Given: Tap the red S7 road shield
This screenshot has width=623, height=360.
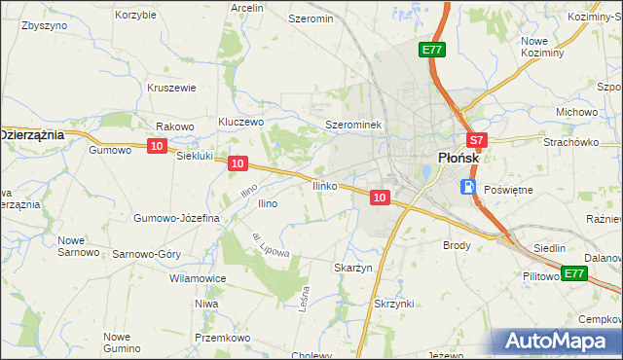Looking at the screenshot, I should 474,140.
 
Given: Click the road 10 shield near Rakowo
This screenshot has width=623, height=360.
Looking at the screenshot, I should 157,145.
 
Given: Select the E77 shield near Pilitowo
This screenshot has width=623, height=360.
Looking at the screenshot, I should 574,273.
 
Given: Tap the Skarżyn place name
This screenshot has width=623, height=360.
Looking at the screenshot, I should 353,268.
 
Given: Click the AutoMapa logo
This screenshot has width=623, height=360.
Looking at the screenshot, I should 557,341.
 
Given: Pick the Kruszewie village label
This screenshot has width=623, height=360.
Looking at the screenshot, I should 171,87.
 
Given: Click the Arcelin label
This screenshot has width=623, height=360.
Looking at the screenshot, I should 247,7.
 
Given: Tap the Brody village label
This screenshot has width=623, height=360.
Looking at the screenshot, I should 458,245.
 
